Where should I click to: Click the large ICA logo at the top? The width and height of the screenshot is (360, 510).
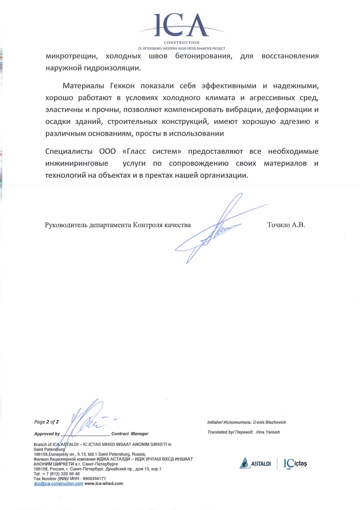(x=181, y=25)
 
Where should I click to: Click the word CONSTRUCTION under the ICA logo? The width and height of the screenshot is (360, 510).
(x=181, y=43)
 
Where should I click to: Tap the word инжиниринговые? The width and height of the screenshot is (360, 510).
(x=75, y=163)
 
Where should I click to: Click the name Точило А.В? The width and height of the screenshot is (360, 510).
(x=286, y=225)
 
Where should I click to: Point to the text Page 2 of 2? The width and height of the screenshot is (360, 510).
(x=46, y=422)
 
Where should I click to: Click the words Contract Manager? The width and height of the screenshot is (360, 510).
(x=130, y=433)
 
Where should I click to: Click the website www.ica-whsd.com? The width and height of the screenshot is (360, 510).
(x=104, y=483)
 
